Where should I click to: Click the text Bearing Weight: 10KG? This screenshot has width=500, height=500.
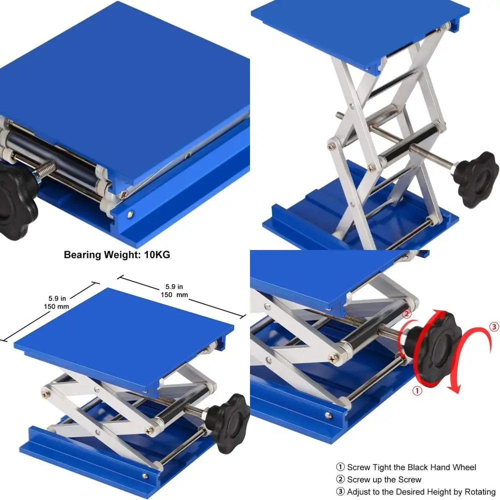click(117, 254)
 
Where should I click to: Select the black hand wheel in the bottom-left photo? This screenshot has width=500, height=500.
click(230, 416)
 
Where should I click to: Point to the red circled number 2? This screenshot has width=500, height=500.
click(406, 314)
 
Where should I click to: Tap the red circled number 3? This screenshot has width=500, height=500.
click(494, 326)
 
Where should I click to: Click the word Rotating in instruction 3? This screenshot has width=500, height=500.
click(478, 492)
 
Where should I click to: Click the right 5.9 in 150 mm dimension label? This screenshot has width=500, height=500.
click(174, 290)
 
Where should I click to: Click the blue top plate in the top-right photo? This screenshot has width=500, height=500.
click(360, 30)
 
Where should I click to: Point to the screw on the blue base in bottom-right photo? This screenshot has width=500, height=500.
click(328, 413)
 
